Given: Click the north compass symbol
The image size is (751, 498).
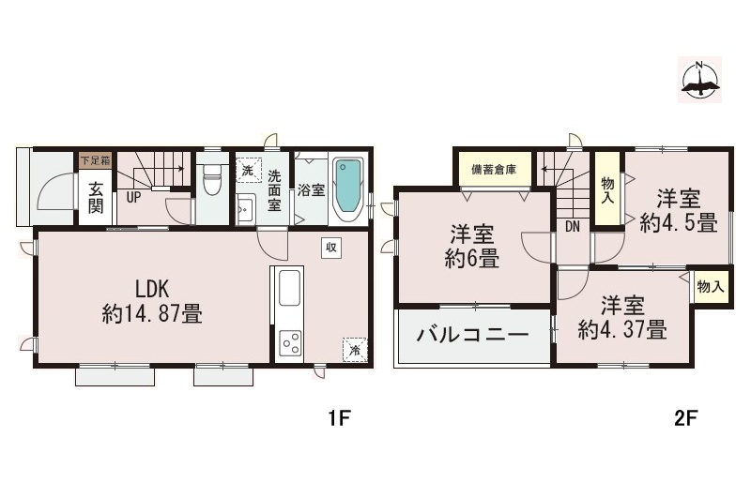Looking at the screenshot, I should coord(699,79).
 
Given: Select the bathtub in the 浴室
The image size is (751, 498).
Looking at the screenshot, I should coord(347,188).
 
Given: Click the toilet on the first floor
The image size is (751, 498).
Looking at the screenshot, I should coord(211,178).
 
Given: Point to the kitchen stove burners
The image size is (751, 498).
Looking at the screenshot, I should coord(289,343).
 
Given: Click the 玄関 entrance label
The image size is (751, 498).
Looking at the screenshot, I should coord(96,197).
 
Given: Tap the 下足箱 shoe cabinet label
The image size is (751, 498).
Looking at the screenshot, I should coord(94,160).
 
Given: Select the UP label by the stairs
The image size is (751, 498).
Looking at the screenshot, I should coord(134,198).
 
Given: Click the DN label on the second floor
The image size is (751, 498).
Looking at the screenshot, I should coord(572,226).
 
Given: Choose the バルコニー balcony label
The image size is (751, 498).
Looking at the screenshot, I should coord(472,335).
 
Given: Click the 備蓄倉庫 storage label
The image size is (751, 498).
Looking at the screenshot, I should coord(493,171).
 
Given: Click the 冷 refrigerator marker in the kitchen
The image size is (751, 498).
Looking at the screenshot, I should coord(355,349).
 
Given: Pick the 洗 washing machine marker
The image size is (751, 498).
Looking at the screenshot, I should coord(247,172).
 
